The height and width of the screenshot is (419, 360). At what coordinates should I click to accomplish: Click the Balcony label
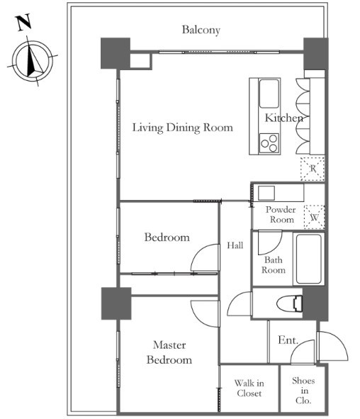coord(201,30)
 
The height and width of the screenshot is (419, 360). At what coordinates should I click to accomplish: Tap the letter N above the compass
coord(23,23)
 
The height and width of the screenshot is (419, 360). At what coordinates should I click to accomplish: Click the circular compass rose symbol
coord(33,61)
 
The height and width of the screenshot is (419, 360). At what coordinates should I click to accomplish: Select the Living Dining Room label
coord(183,128)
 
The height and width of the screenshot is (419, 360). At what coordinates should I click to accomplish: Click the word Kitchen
coord(284,118)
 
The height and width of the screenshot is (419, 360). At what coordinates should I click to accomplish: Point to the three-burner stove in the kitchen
coord(269,143)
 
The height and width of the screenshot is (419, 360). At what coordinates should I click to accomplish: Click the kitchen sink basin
coord(269,94)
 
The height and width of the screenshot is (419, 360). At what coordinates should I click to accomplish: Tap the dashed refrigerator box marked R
coord(313,169)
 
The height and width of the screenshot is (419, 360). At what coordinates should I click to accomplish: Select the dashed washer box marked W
coord(315,217)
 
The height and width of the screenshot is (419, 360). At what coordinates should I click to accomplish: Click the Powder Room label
coord(281,215)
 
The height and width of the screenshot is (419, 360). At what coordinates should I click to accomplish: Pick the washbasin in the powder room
coord(266,193)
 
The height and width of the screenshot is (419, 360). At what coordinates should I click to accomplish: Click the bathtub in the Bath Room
coord(308,259)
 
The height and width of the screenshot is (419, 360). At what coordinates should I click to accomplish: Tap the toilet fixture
coord(290,303)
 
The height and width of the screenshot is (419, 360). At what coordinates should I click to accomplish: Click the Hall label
coord(235,245)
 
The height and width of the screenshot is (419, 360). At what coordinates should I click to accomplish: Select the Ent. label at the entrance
coord(288,340)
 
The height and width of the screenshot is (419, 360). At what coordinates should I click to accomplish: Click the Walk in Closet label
coord(249,389)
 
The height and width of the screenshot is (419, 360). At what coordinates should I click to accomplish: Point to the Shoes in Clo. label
coord(303,391)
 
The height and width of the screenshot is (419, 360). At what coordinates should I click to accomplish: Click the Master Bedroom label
coord(169,352)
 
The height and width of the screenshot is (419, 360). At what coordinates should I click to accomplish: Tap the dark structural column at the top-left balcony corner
coord(116,53)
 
